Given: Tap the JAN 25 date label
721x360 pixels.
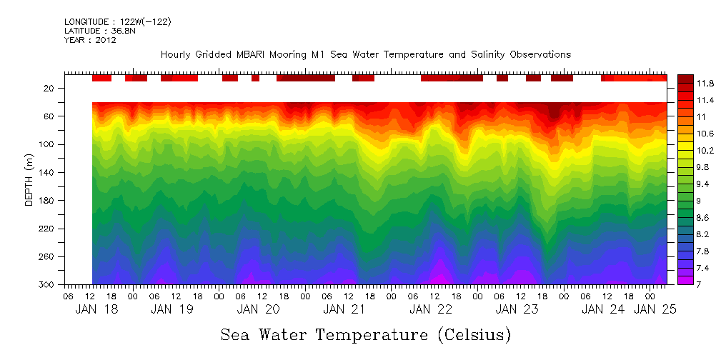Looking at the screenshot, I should point(655,309).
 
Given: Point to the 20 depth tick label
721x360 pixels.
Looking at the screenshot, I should point(50,88).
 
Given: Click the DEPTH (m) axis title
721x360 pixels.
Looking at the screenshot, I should point(29,179).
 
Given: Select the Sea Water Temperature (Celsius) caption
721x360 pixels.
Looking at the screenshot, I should point(365,334).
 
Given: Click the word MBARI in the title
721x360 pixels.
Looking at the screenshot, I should point(265,54).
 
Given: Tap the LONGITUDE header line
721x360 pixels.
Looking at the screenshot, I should point(117,21).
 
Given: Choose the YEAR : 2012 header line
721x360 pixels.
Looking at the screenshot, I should point(90,40).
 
